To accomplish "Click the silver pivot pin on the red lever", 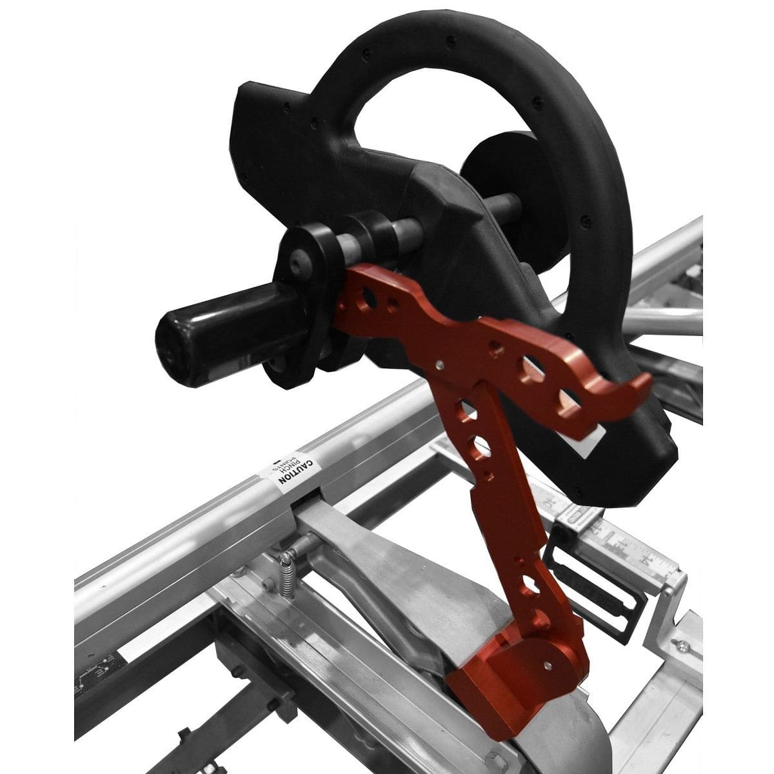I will (x=439, y=364).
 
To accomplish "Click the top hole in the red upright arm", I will (x=463, y=408).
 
